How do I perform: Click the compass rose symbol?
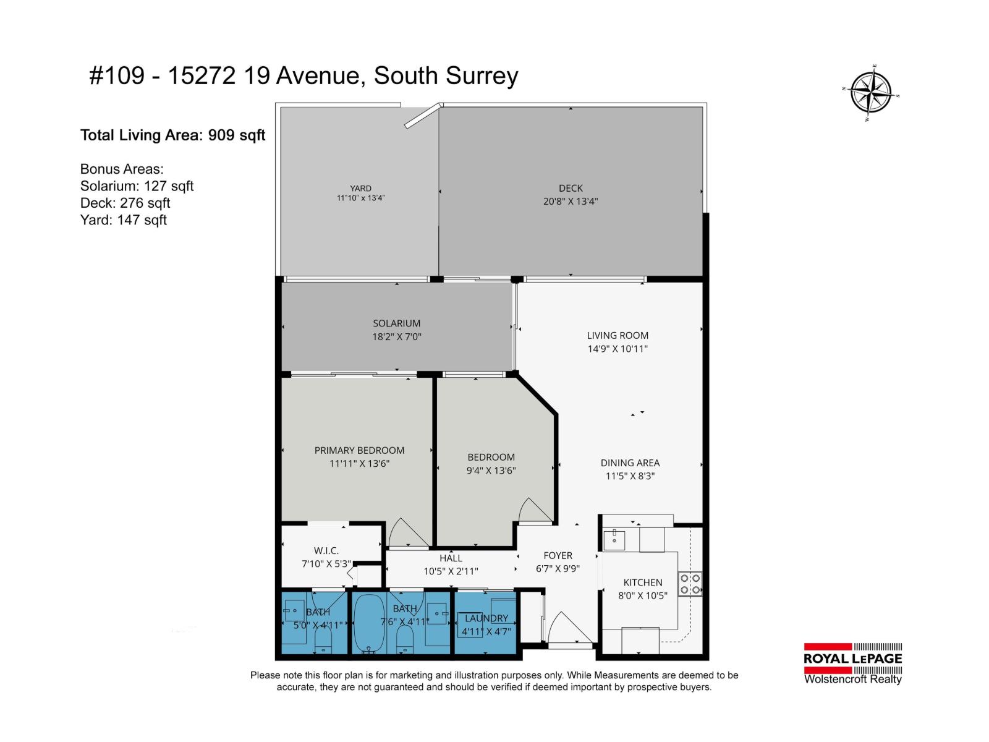click(x=870, y=93)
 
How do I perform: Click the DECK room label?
click(x=571, y=188)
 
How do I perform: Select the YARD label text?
click(x=360, y=189)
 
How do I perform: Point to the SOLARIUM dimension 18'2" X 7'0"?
click(x=396, y=337)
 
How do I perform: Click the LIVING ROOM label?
click(x=618, y=335)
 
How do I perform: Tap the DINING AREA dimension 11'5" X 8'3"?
click(x=630, y=476)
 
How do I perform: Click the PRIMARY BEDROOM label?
click(x=359, y=450)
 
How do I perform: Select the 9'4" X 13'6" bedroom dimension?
click(x=491, y=471)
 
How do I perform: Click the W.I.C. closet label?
click(x=326, y=550)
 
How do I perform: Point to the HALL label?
click(x=451, y=558)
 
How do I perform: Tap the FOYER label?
click(x=558, y=555)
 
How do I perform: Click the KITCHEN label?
click(x=642, y=582)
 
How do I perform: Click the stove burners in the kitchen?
click(x=690, y=584)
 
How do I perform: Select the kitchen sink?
click(x=614, y=540)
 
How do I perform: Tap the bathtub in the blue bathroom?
click(x=369, y=623)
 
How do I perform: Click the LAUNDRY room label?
click(x=486, y=618)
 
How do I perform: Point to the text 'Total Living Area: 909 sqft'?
click(x=172, y=135)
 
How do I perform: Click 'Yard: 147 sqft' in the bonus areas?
click(x=124, y=220)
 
